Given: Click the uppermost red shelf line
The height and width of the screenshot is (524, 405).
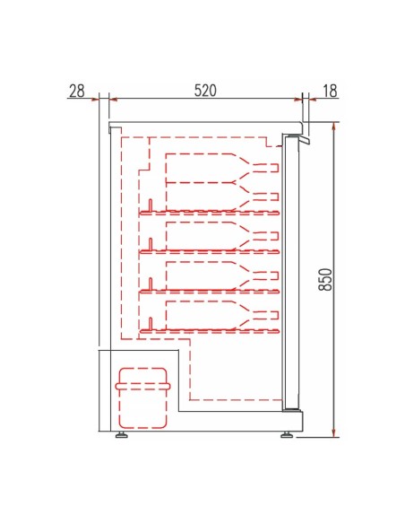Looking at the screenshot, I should (211, 214).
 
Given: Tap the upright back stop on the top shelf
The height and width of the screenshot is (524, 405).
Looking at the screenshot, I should (151, 205).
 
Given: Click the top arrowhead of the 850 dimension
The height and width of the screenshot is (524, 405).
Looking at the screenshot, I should (333, 127).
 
